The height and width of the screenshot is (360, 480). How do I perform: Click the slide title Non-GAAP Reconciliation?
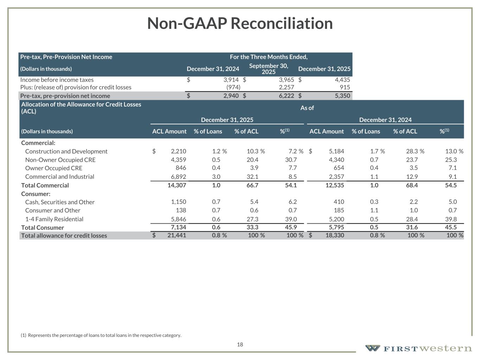point(240,24)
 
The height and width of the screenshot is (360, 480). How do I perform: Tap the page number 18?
point(240,345)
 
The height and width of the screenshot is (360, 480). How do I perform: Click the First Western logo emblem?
point(372,348)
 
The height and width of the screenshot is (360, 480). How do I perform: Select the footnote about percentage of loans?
point(101,335)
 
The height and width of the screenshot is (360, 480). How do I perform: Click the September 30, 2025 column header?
point(268,69)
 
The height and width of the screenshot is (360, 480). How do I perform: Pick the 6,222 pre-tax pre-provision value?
point(286,96)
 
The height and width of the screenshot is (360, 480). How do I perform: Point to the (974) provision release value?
point(233,87)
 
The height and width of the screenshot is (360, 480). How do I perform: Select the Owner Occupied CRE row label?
point(53,168)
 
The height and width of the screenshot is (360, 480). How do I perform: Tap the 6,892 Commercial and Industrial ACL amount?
point(178,176)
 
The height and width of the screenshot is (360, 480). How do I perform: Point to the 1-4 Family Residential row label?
point(54,219)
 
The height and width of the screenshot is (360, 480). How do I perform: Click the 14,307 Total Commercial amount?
point(177,185)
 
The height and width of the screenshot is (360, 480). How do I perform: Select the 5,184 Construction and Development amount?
point(337,151)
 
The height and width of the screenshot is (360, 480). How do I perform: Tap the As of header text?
point(307,108)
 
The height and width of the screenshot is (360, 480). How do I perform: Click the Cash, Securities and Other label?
point(60,202)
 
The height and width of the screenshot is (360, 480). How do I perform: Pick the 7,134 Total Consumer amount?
point(178,227)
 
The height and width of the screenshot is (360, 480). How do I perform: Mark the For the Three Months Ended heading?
point(269,57)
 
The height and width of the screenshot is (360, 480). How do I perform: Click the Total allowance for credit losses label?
point(64,236)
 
